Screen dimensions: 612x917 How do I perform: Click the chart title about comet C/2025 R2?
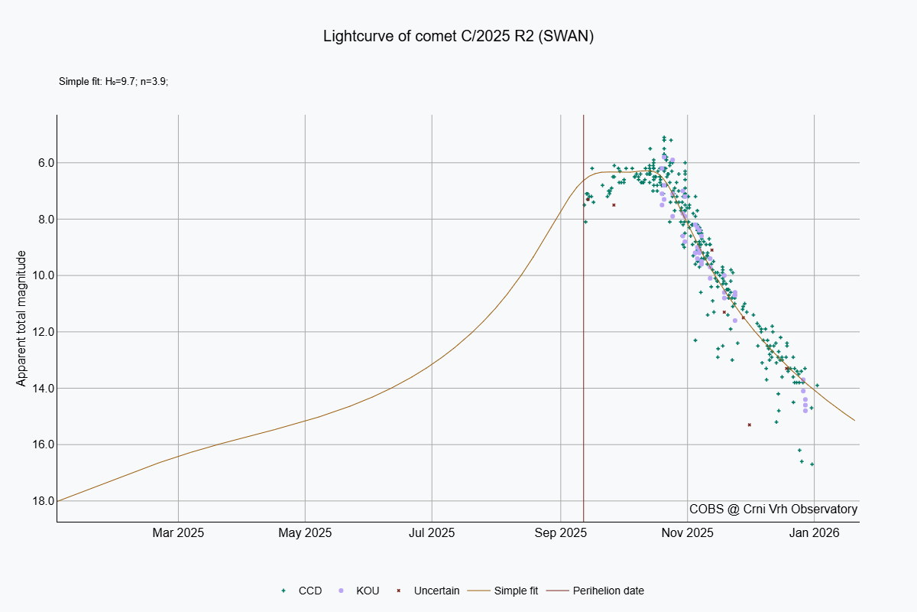click(458, 37)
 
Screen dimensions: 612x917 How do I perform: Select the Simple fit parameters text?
click(113, 81)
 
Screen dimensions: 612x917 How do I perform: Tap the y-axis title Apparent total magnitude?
click(21, 318)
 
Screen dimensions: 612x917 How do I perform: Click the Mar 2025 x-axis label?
click(178, 532)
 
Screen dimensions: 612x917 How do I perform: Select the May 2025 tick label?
click(305, 532)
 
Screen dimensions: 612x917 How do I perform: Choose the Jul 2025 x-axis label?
click(431, 532)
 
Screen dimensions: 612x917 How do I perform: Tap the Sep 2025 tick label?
click(560, 532)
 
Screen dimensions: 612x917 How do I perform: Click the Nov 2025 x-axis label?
click(687, 532)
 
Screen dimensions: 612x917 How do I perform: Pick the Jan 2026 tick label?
click(814, 532)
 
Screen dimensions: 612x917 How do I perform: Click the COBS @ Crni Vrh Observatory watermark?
click(773, 509)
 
